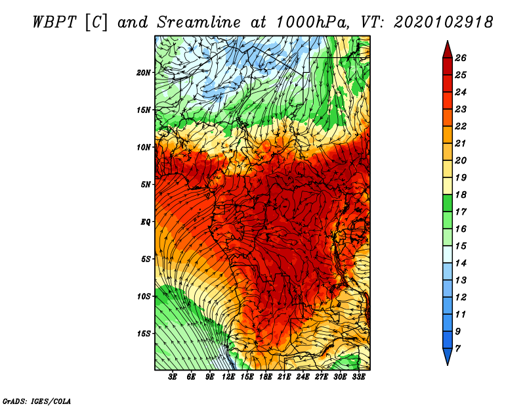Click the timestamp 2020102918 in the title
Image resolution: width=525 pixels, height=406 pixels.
click(x=443, y=22)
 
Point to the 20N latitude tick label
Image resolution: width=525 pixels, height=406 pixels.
click(x=144, y=72)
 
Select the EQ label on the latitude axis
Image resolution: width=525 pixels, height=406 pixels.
click(x=146, y=222)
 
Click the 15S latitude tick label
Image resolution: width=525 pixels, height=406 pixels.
click(x=144, y=334)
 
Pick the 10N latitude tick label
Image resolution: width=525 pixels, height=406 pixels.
click(x=144, y=147)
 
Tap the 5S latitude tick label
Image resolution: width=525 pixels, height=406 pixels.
click(x=146, y=259)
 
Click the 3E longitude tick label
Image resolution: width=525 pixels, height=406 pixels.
click(x=173, y=377)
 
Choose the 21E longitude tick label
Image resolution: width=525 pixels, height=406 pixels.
click(x=284, y=377)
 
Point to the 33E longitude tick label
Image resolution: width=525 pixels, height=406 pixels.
click(x=358, y=377)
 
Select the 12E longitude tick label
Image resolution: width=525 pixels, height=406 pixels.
click(x=229, y=377)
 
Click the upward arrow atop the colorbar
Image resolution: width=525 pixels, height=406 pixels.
click(x=447, y=49)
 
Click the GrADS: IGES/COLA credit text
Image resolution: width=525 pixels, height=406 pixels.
click(x=37, y=401)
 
